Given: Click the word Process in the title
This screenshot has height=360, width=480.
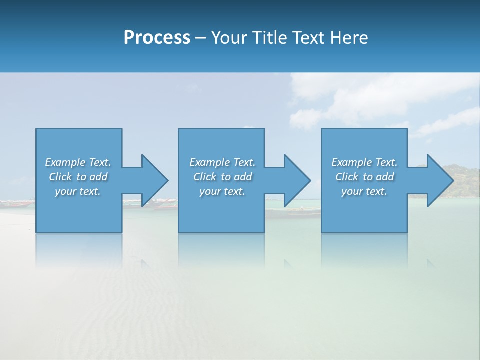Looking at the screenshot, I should (157, 38).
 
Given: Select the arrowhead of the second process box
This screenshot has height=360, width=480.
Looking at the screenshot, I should (296, 180).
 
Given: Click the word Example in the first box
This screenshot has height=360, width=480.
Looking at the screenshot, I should (65, 162).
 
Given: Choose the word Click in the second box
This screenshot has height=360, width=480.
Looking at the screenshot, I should (204, 177).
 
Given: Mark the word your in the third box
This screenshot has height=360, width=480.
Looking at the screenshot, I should (352, 191).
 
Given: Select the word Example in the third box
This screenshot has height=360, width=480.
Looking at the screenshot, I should (352, 162).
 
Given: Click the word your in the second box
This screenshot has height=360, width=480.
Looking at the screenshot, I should (210, 191).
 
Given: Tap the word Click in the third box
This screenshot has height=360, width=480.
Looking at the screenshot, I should (346, 177).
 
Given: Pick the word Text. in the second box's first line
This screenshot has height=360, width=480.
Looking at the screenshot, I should (244, 162).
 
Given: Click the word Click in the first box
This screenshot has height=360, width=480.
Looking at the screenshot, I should (60, 177).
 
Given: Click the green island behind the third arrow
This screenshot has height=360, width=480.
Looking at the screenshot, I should (462, 180).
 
